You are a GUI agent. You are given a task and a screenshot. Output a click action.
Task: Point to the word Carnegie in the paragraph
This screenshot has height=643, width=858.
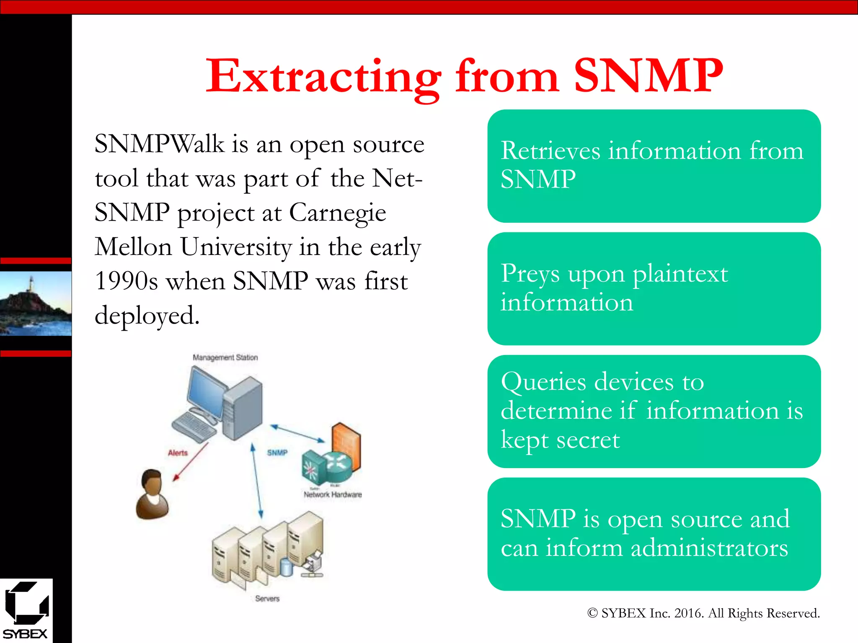(x=338, y=213)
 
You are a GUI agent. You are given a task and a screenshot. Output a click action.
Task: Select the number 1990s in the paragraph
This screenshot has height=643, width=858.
(x=127, y=281)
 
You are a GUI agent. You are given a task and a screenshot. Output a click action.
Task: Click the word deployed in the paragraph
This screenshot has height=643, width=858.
(x=147, y=316)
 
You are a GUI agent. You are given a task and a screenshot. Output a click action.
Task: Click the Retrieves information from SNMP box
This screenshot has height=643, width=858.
(x=654, y=166)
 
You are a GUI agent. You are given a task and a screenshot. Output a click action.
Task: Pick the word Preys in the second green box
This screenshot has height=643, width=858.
(x=530, y=274)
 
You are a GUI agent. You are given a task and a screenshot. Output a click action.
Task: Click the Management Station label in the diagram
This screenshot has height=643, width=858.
(x=225, y=358)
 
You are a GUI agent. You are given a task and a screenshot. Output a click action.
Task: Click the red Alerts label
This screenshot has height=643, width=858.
(x=178, y=453)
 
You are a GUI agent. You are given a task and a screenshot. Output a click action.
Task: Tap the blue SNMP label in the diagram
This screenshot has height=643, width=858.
(x=277, y=453)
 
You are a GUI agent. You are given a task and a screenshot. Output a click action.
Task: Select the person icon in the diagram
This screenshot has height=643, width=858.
(x=152, y=495)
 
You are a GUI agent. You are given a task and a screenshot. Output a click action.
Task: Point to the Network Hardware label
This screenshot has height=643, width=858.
(x=333, y=495)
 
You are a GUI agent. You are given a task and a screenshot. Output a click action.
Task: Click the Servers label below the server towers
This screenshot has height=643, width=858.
(x=267, y=599)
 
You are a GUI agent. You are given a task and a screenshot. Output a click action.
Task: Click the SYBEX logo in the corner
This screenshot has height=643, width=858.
(x=26, y=610)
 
